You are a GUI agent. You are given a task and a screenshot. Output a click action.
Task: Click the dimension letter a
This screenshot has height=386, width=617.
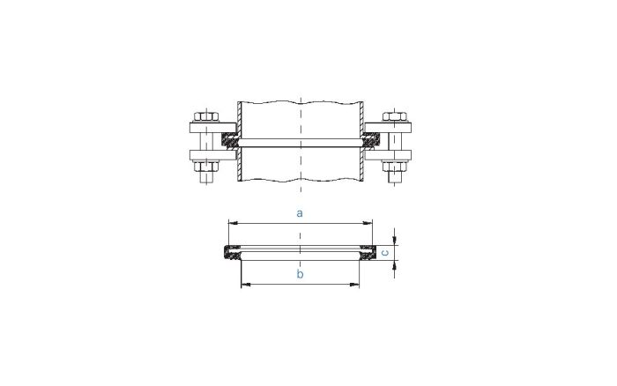point(301,212)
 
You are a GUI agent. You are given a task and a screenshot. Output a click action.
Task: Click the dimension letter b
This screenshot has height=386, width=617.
point(301,275)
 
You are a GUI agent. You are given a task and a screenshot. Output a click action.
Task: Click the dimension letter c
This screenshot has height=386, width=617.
point(384,253)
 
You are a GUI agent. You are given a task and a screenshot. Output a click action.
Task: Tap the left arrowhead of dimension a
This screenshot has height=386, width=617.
point(232,222)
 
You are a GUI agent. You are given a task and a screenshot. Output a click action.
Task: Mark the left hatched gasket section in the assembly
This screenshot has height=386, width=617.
point(231,140)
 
